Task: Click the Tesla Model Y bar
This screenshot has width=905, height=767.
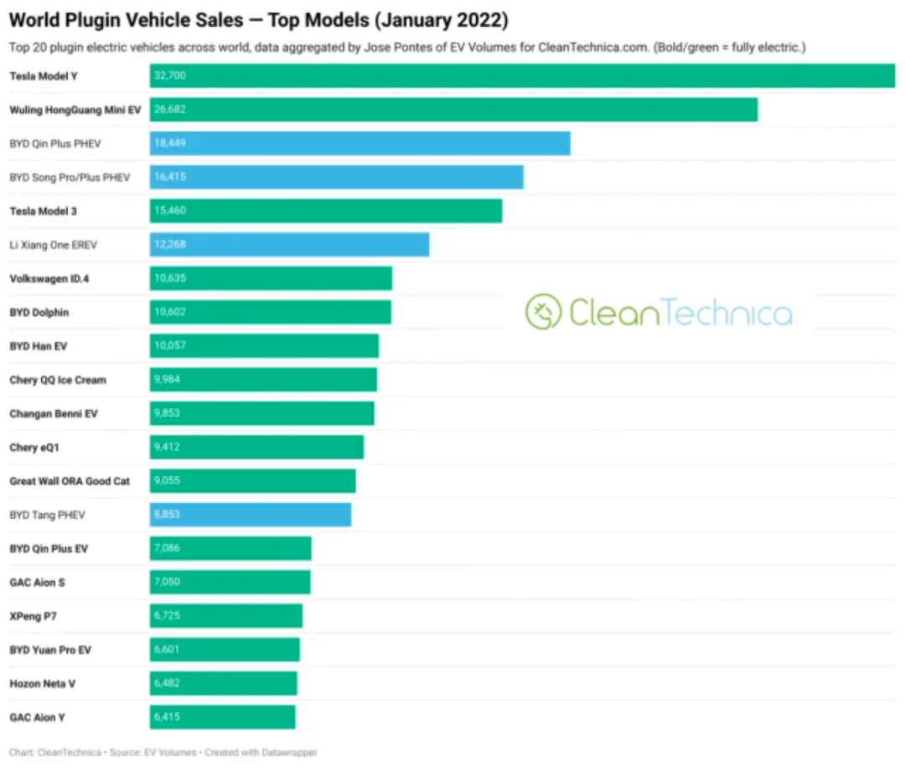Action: pyautogui.click(x=522, y=76)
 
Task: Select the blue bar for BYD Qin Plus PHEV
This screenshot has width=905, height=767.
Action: pyautogui.click(x=360, y=143)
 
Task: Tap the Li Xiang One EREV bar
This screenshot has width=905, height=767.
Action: pyautogui.click(x=289, y=245)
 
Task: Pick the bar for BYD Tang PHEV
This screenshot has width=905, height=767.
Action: pyautogui.click(x=251, y=515)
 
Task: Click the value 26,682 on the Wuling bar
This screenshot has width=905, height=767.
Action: pyautogui.click(x=170, y=110)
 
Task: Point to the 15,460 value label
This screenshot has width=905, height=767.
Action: pyautogui.click(x=170, y=211)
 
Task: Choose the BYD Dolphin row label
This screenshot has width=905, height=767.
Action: pyautogui.click(x=39, y=312)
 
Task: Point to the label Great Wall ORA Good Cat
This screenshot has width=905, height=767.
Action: pyautogui.click(x=70, y=481)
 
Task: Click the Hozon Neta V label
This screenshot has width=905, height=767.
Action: pyautogui.click(x=42, y=683)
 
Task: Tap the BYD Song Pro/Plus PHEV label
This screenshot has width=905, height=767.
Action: pyautogui.click(x=70, y=178)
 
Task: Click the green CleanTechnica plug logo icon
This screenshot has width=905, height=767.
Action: pyautogui.click(x=542, y=312)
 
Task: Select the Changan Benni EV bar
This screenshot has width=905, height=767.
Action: pyautogui.click(x=262, y=413)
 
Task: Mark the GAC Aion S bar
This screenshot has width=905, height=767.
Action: pyautogui.click(x=230, y=582)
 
